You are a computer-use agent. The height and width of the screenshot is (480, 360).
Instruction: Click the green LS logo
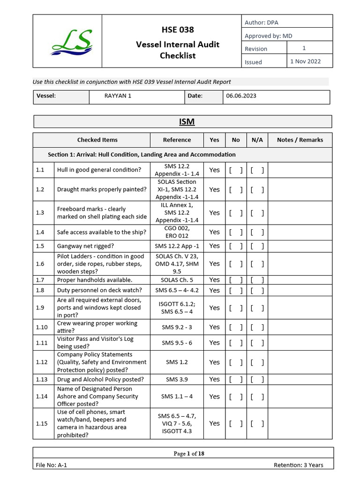72,41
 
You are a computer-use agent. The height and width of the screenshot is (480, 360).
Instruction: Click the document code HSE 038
177,30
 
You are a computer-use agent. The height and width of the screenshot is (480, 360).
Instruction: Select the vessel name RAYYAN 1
118,96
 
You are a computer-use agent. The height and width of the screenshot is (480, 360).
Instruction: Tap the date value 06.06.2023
241,96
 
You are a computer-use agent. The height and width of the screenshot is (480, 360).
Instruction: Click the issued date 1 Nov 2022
305,61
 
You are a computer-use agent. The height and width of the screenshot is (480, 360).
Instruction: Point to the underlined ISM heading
187,122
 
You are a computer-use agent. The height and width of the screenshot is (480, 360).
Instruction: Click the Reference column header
177,140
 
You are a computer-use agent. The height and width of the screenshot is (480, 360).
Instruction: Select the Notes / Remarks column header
300,140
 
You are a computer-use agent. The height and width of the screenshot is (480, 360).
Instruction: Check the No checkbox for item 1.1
236,170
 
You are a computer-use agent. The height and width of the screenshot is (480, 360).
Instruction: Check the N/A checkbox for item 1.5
257,246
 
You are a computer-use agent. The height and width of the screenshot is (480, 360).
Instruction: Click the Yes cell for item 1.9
214,308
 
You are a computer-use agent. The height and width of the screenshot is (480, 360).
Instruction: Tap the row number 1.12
42,362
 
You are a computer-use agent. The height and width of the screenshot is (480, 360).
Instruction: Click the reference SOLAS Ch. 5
177,280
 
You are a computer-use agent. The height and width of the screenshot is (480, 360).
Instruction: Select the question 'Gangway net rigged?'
85,246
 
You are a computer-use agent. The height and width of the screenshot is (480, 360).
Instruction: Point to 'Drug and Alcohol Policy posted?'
100,379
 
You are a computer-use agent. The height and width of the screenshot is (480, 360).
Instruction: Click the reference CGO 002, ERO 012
177,232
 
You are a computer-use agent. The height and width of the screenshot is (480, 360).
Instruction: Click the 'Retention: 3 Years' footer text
298,465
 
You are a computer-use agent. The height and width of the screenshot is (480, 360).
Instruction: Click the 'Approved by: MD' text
269,36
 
